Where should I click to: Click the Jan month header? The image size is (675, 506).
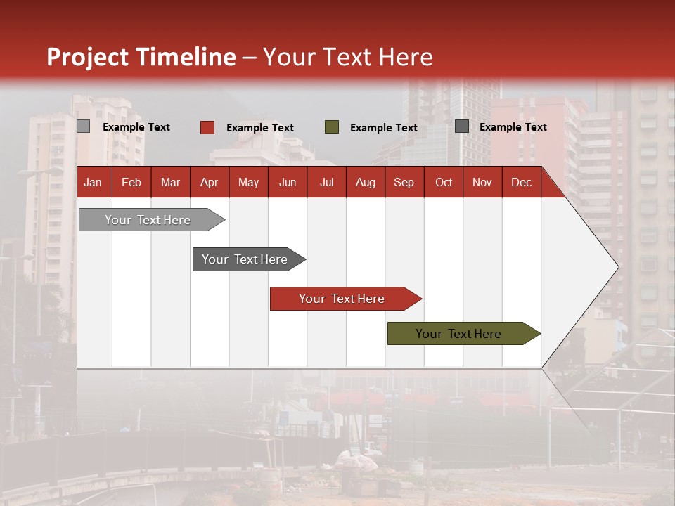click(x=94, y=182)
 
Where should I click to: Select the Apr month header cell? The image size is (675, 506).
click(x=210, y=182)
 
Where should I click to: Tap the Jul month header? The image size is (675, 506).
click(x=326, y=182)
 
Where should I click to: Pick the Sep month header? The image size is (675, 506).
click(x=404, y=182)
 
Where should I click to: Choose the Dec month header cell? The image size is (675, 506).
click(x=521, y=182)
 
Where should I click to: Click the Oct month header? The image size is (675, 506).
click(x=444, y=182)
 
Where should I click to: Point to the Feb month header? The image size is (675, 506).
click(x=131, y=182)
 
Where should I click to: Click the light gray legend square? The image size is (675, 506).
click(x=84, y=126)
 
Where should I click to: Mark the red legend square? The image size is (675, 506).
click(x=207, y=127)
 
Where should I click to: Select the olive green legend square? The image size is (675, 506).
click(x=332, y=127)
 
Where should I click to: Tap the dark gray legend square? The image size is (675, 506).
click(x=462, y=126)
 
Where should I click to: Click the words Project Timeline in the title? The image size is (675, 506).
click(x=141, y=57)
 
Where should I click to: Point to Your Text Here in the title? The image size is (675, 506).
click(x=348, y=57)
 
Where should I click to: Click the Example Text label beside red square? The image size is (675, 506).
click(x=260, y=128)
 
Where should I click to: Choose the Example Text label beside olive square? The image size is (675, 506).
click(x=384, y=128)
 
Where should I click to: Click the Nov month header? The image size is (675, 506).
click(x=482, y=182)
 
